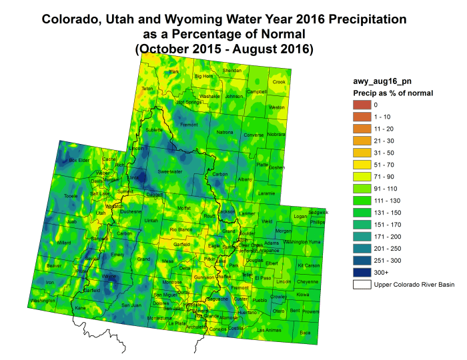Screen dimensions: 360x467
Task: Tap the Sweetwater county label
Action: pyautogui.click(x=169, y=171)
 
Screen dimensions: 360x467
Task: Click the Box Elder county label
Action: pyautogui.click(x=79, y=160)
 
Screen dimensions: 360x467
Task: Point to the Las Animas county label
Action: pyautogui.click(x=270, y=330)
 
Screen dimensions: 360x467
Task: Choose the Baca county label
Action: pyautogui.click(x=306, y=331)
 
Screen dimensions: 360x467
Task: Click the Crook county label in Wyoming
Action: pyautogui.click(x=279, y=82)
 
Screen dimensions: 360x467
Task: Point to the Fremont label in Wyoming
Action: pyautogui.click(x=189, y=125)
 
